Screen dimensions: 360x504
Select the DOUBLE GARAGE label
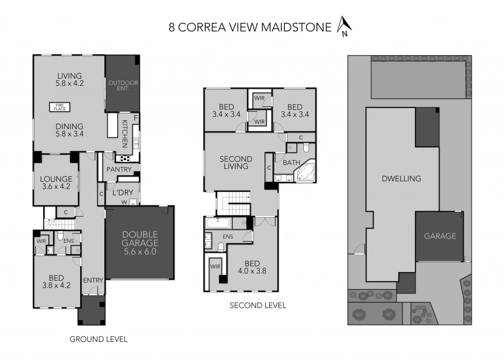(140, 242)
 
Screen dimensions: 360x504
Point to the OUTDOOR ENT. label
(123, 86)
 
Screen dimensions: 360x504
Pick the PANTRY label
(119, 170)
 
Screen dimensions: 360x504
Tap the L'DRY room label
(121, 193)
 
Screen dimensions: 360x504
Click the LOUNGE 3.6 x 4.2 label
(56, 183)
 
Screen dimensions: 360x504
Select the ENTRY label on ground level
(93, 280)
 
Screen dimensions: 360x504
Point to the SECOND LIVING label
(236, 163)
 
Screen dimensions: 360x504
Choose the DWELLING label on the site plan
(401, 179)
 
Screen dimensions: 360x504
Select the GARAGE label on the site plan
(440, 236)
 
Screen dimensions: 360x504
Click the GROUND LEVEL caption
(98, 339)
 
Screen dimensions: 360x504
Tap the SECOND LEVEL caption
(258, 305)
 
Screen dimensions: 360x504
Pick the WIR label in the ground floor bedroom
(41, 241)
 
